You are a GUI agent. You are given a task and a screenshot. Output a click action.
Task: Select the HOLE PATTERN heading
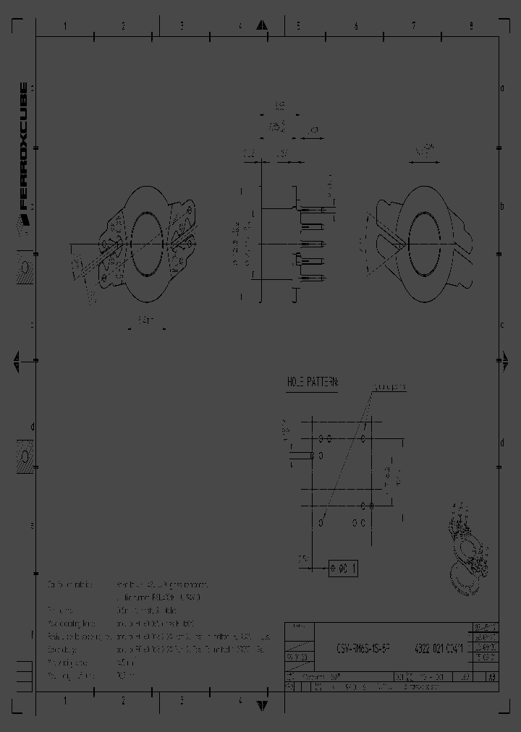tap(313, 381)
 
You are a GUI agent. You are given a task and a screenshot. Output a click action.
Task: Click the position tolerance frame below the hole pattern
tap(344, 568)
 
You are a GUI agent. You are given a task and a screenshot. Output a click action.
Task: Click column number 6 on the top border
tap(355, 26)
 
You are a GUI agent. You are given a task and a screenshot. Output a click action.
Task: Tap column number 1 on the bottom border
tap(65, 701)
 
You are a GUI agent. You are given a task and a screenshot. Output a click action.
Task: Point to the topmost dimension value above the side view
tap(279, 106)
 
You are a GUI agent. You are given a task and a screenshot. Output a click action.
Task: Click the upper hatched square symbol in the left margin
tap(24, 268)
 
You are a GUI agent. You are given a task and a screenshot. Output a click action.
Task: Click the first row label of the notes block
tap(71, 584)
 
